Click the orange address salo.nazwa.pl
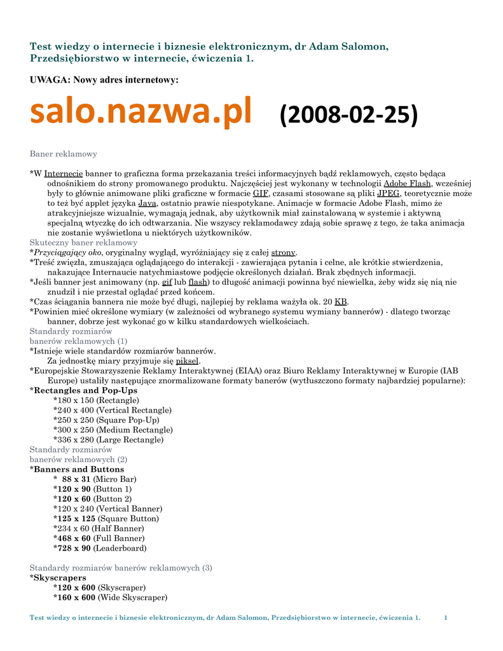click(x=141, y=112)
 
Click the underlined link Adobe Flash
click(x=407, y=183)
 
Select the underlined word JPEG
click(x=388, y=193)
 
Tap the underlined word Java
click(x=148, y=203)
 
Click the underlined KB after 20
click(x=341, y=301)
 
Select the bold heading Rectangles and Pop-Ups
click(x=85, y=390)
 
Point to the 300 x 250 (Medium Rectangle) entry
click(x=113, y=430)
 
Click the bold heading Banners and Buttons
click(x=79, y=469)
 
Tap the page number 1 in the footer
click(x=446, y=618)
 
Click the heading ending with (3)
click(x=121, y=568)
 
